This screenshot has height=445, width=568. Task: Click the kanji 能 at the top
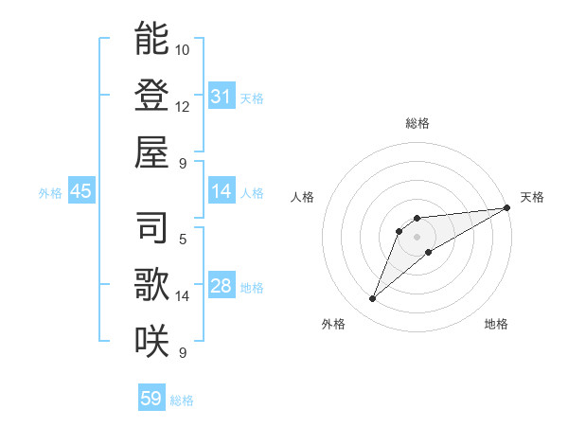151,39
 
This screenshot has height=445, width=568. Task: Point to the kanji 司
151,228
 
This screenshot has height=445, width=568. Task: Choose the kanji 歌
151,284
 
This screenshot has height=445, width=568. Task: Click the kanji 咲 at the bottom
151,340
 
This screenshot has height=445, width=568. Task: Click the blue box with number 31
222,97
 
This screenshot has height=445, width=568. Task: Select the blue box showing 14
222,191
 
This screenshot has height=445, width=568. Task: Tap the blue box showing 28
222,286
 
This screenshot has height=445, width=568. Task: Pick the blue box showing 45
81,191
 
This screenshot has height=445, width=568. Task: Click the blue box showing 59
151,399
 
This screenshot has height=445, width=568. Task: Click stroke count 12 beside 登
183,106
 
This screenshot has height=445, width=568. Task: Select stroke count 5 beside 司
183,239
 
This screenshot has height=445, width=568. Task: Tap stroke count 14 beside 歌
183,295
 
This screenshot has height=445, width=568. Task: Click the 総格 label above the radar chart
417,123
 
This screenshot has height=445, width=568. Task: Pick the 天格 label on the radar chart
532,197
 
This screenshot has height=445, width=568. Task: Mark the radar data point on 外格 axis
373,299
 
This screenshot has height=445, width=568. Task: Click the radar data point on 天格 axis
507,208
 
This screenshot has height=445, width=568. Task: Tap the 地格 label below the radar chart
496,324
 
